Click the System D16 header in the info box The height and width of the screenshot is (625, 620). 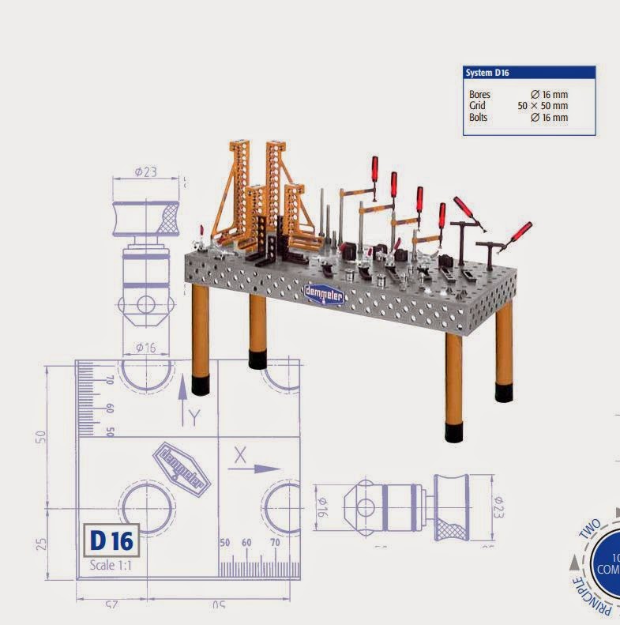487,73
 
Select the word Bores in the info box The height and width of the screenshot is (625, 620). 479,95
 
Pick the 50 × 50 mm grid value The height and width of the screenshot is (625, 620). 543,106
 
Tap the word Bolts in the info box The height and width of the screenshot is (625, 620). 479,117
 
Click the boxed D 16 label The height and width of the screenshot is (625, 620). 111,540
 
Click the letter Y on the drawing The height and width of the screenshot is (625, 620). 194,416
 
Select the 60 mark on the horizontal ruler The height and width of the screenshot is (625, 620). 246,544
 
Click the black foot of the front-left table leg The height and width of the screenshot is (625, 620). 198,385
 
